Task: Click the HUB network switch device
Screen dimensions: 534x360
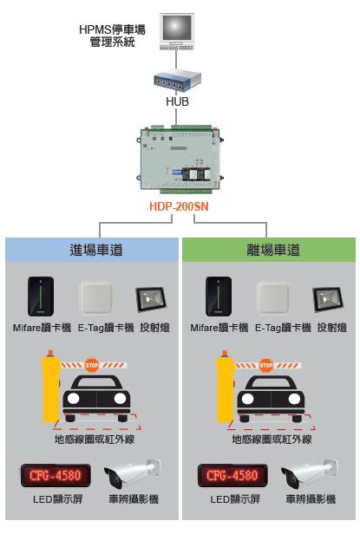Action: pyautogui.click(x=177, y=81)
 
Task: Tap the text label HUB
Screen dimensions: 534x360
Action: pyautogui.click(x=177, y=101)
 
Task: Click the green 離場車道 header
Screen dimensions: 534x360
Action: pyautogui.click(x=270, y=250)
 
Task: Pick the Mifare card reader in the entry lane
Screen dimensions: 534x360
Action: pyautogui.click(x=41, y=297)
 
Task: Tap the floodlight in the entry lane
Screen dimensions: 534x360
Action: pyautogui.click(x=150, y=300)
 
